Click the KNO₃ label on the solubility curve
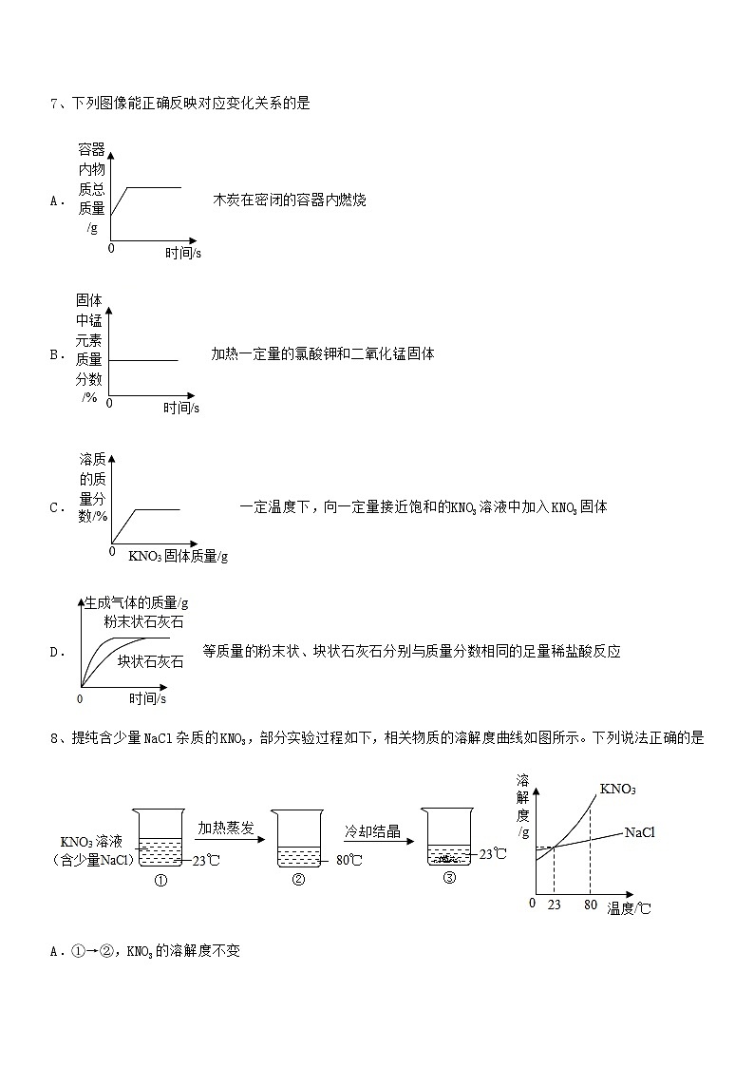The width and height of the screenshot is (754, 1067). (617, 790)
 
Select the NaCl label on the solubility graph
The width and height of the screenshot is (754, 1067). (640, 832)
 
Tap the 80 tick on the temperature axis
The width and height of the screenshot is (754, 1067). (590, 905)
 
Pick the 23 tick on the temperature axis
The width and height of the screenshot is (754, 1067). (554, 905)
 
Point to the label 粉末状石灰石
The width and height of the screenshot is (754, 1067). (144, 622)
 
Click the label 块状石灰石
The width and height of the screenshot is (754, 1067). (150, 661)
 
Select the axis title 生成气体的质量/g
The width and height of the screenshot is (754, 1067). (137, 602)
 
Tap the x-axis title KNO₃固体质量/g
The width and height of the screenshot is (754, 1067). (178, 557)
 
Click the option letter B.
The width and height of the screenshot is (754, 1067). (54, 354)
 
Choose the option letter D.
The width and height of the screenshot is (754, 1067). (54, 652)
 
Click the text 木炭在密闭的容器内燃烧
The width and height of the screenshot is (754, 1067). (290, 200)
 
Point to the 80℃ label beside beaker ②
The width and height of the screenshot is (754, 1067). (349, 861)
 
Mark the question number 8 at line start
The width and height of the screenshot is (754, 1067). (54, 737)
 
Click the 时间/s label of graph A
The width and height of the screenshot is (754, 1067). (182, 253)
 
